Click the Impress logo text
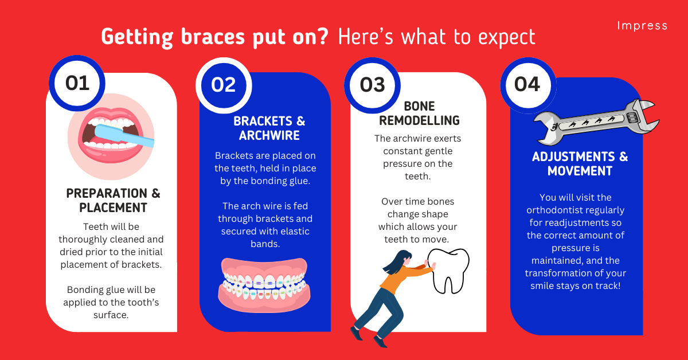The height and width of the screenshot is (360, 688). [642, 26]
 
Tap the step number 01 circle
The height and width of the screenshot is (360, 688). [77, 83]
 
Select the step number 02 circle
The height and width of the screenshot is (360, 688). [224, 85]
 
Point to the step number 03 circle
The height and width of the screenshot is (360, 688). [373, 85]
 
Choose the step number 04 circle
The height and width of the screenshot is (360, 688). [527, 85]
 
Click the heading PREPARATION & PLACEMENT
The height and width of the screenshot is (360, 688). [113, 200]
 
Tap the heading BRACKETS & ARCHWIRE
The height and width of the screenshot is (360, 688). [269, 128]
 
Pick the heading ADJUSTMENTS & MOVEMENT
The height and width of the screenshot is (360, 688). [580, 164]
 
